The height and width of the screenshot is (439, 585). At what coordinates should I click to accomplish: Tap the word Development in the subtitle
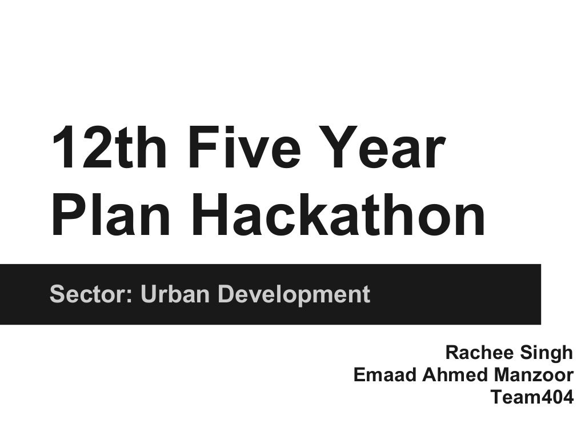[x=294, y=294]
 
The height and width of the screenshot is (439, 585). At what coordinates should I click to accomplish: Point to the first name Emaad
[x=385, y=375]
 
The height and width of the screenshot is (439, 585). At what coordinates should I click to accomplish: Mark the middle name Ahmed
[x=451, y=375]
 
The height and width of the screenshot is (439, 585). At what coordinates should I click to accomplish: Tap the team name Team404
[x=532, y=397]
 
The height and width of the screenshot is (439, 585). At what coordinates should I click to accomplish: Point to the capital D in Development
[x=226, y=294]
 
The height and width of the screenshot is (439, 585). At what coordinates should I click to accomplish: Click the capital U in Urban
[x=147, y=294]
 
